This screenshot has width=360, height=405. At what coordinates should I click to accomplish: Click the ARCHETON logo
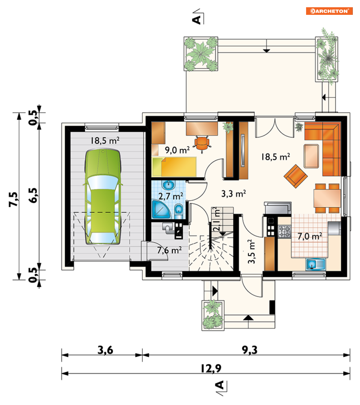click(329, 11)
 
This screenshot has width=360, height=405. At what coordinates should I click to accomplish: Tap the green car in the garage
click(103, 197)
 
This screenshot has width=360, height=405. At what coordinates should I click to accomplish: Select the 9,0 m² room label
click(177, 150)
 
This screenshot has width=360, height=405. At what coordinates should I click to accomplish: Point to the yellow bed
click(174, 166)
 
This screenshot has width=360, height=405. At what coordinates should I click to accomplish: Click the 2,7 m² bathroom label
click(171, 196)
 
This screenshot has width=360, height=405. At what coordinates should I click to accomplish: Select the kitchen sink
click(315, 265)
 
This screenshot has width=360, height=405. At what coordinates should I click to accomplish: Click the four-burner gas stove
click(285, 231)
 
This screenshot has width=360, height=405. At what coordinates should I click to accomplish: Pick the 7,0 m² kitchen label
click(310, 236)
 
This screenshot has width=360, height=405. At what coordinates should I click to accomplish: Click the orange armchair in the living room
click(296, 176)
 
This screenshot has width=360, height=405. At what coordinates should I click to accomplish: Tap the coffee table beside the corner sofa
click(312, 156)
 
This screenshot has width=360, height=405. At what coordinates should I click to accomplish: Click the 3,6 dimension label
click(105, 350)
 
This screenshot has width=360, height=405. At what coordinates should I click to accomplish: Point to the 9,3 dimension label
click(250, 350)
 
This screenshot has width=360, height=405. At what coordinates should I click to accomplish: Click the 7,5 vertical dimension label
click(14, 199)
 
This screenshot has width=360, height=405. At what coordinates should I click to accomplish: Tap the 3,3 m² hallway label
click(234, 194)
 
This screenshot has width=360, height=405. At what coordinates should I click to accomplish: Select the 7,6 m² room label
click(169, 250)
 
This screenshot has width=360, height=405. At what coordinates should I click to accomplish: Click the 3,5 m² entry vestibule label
click(251, 252)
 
